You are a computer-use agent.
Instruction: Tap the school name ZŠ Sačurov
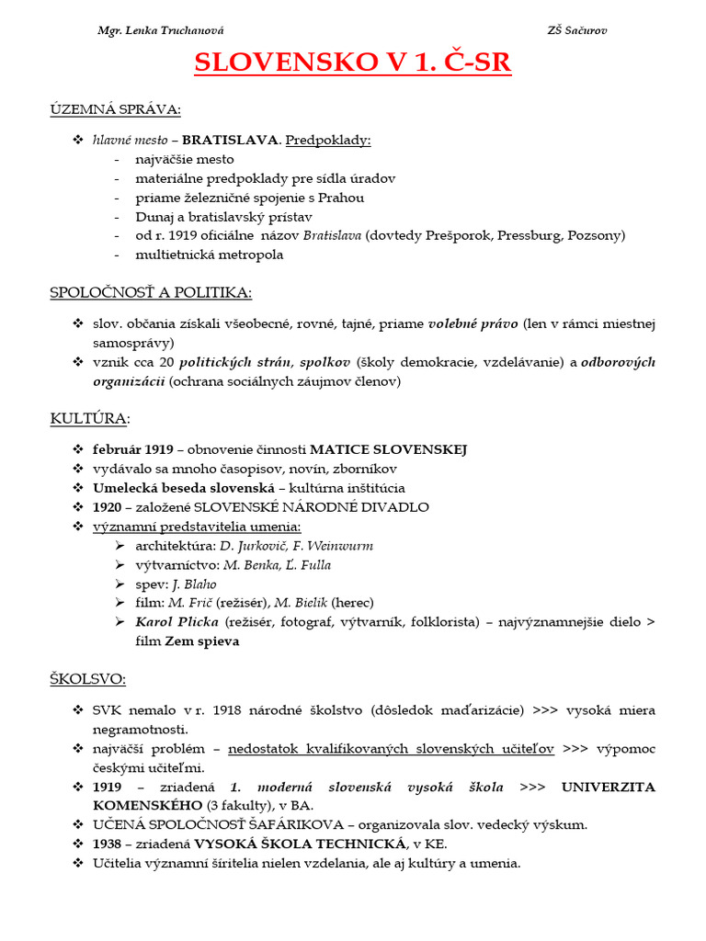576,30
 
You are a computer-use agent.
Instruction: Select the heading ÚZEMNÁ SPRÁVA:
115,110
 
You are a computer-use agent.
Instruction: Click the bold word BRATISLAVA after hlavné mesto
229,140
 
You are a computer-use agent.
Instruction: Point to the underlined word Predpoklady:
328,140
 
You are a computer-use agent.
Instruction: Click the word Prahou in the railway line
342,198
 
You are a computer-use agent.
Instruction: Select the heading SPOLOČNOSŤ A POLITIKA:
151,292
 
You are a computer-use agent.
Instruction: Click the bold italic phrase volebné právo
473,323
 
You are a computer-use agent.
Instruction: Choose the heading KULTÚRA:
90,419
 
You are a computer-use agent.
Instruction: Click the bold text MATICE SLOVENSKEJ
388,449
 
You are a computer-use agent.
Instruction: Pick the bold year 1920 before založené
107,507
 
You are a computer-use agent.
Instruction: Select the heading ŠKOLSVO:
88,679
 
